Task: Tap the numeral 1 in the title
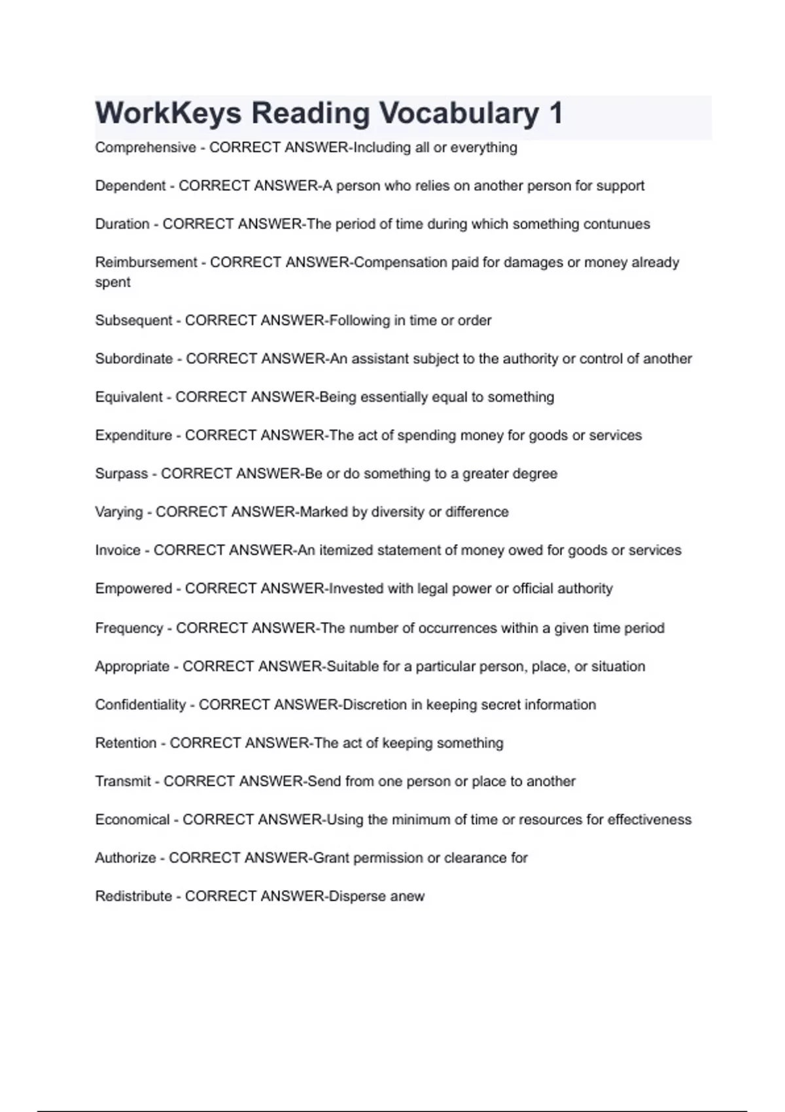pos(556,113)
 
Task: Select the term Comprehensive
pos(145,148)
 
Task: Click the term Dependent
pos(130,186)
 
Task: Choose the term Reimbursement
pos(146,262)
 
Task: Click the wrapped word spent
pos(113,283)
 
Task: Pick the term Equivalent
pos(129,397)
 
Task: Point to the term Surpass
pos(121,474)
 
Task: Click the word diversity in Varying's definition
pos(398,512)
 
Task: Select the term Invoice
pos(118,550)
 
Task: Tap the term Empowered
pos(133,589)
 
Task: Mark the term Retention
pos(126,743)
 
